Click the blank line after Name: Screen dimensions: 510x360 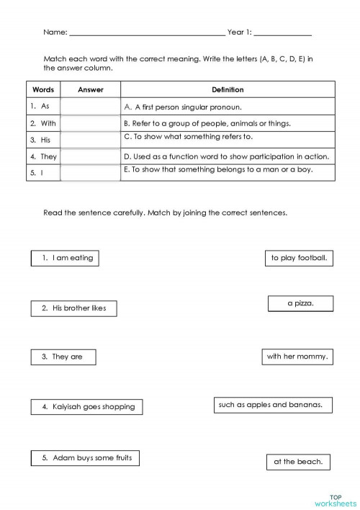[x=147, y=33]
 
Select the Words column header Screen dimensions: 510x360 [x=43, y=90]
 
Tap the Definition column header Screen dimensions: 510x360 [x=228, y=90]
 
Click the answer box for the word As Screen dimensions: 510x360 [x=90, y=107]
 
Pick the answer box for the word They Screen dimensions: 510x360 [x=90, y=157]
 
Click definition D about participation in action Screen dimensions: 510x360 [x=226, y=156]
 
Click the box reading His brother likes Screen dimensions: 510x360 [x=73, y=308]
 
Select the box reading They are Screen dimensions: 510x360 [x=63, y=357]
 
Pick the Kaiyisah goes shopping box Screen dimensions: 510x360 [x=87, y=407]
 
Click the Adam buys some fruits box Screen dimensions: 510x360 [x=86, y=457]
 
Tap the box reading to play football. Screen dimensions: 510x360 [x=299, y=258]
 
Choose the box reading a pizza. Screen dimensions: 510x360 [x=300, y=304]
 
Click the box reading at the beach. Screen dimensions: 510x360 [x=297, y=462]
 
